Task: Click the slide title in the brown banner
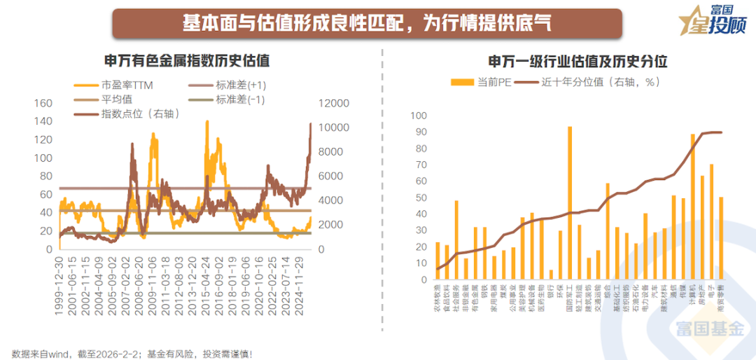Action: tap(367, 23)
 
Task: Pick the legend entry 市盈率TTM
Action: tap(127, 85)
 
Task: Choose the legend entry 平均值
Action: tap(117, 99)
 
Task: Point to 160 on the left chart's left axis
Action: tap(43, 104)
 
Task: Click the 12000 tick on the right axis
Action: tap(335, 104)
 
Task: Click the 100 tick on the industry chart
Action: tap(418, 116)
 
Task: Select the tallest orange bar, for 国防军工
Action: tap(570, 203)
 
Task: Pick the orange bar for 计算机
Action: tap(693, 207)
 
